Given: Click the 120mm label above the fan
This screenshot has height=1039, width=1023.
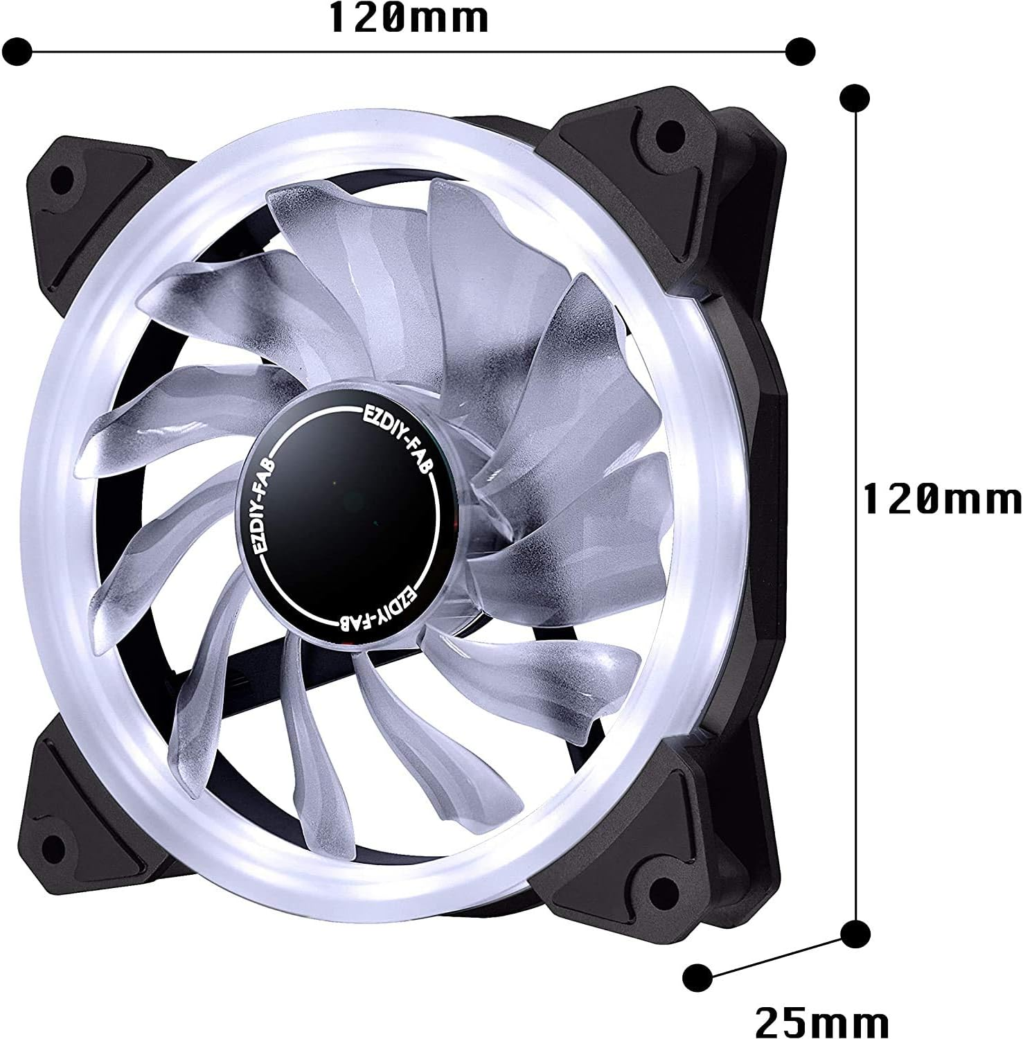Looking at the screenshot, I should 409,19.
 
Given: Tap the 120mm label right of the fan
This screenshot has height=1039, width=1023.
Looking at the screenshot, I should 942,499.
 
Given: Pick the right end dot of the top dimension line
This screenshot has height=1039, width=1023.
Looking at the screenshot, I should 801,50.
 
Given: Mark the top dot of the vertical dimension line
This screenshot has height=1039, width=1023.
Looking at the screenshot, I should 855,98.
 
